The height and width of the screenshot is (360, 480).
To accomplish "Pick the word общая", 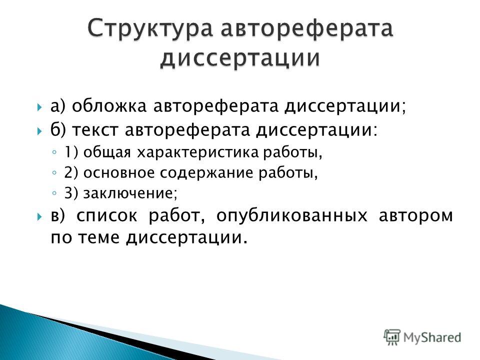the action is (x=107, y=153).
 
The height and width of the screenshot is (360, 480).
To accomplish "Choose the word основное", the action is (x=119, y=173).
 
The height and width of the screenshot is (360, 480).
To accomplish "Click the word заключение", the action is (x=129, y=193).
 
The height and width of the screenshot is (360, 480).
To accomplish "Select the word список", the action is (x=106, y=216).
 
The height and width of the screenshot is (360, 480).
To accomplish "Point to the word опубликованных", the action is (x=291, y=216).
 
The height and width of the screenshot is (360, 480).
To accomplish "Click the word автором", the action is (x=415, y=216).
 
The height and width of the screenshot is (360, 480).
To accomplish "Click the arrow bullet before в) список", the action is (x=39, y=216).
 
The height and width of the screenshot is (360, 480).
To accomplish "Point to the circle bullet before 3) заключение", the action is (x=54, y=193).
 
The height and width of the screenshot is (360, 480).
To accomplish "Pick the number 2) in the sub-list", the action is (x=71, y=173).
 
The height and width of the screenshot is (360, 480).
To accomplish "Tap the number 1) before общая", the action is (x=71, y=153).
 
